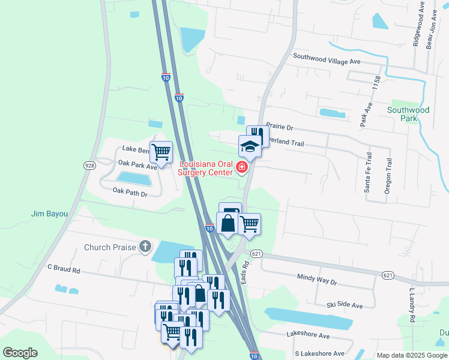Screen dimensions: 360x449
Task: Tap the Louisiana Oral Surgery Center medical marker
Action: (242, 167)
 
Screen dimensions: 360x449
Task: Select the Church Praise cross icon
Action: (145, 246)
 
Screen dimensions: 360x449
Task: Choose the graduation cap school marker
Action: (250, 146)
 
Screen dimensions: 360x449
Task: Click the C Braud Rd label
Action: (64, 270)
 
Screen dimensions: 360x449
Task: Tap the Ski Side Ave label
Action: (345, 305)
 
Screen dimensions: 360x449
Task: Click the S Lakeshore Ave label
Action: (319, 353)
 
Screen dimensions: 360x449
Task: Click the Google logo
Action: (20, 352)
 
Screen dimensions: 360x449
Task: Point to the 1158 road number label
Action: (377, 83)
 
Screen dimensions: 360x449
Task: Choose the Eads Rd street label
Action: (245, 272)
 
